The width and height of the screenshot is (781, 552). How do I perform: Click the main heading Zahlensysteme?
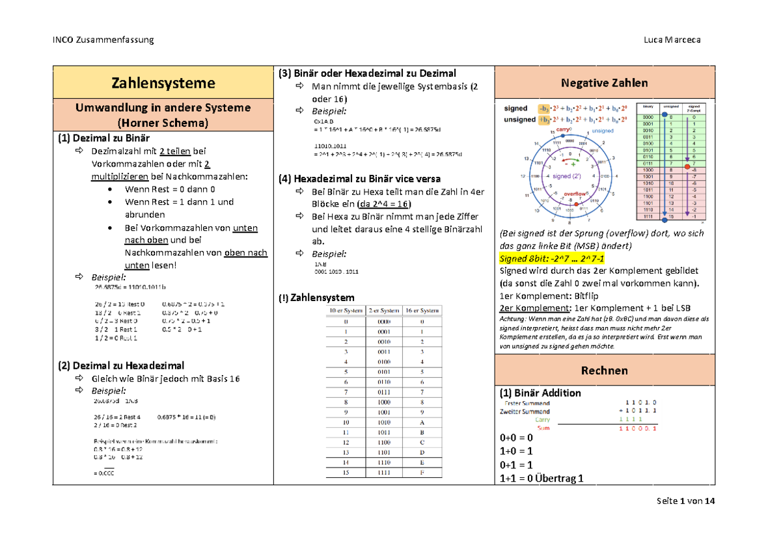pos(163,83)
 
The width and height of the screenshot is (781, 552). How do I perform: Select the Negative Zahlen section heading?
pos(605,83)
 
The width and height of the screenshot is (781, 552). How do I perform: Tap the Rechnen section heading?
pos(605,370)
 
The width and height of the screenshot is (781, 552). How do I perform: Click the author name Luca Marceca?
pos(671,40)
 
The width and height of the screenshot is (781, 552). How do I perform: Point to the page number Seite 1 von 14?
pos(686,501)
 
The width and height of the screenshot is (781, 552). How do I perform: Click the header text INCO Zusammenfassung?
pos(103,40)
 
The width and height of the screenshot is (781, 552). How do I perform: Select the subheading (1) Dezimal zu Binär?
pos(103,138)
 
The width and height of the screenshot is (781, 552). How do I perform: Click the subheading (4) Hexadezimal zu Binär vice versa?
pos(360,178)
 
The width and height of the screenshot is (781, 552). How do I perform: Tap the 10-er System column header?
pos(346,310)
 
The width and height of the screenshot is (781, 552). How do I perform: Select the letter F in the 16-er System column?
pos(422,473)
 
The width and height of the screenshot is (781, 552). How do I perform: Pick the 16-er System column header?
pos(422,310)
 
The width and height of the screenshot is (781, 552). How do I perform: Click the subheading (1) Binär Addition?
pos(540,393)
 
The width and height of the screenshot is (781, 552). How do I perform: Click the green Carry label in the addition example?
pos(542,420)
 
